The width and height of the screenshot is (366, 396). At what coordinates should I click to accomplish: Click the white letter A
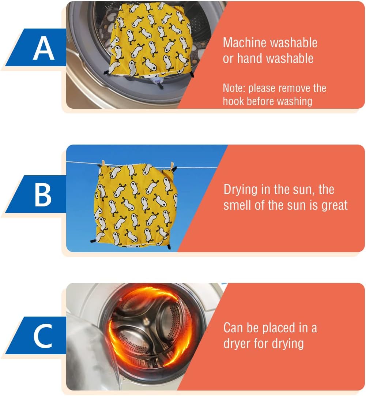tap(44, 48)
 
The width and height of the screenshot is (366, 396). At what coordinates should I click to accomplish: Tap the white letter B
tap(43, 195)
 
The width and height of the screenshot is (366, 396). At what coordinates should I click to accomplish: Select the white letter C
tap(43, 336)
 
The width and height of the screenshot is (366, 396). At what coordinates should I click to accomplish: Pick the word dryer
tap(237, 344)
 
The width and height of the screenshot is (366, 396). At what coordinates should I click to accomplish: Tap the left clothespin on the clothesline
tap(103, 163)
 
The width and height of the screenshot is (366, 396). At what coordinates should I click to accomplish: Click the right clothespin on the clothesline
tap(172, 166)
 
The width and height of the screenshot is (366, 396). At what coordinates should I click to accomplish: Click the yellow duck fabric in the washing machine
tap(150, 39)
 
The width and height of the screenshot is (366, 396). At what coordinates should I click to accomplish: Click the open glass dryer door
tap(91, 354)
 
